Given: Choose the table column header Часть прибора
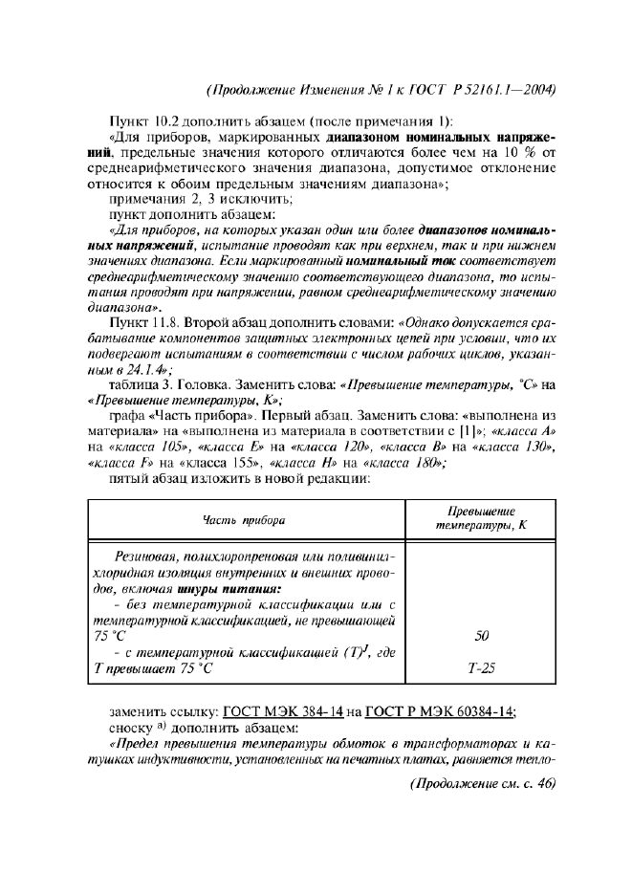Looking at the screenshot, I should [244, 520].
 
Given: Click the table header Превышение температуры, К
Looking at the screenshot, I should [482, 519].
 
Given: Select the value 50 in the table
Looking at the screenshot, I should [482, 635].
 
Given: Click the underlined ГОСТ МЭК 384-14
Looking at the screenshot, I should [277, 710].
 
